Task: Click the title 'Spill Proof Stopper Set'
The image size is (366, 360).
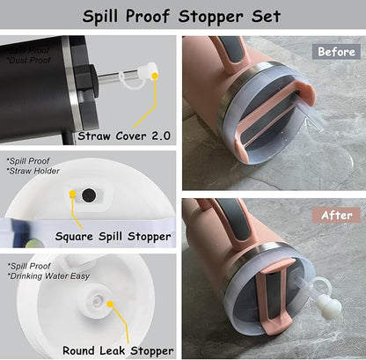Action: (182, 16)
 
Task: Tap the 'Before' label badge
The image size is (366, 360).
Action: (337, 51)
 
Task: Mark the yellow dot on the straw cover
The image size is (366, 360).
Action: (155, 77)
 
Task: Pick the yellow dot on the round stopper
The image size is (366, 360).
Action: (111, 305)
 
